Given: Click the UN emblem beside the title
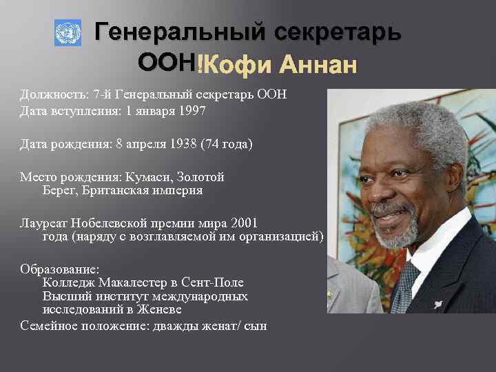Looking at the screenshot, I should [68, 33].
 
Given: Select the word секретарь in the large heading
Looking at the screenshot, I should [338, 32].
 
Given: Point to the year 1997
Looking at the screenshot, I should [192, 110].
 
